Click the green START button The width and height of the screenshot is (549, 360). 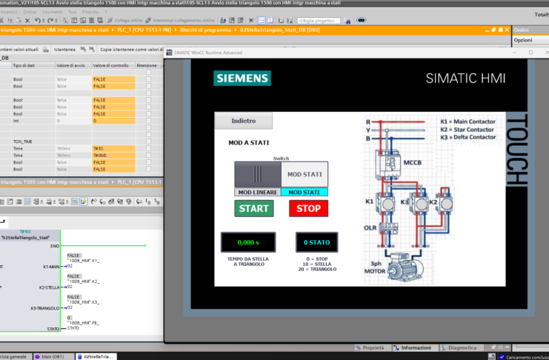click(x=253, y=208)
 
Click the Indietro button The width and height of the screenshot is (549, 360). click(x=243, y=120)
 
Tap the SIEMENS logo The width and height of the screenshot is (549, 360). click(x=242, y=79)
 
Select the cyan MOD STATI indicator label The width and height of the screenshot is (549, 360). click(x=305, y=192)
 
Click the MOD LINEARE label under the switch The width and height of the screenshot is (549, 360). click(x=257, y=192)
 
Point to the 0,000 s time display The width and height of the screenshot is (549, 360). click(x=247, y=242)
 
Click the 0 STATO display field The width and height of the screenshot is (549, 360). click(x=316, y=242)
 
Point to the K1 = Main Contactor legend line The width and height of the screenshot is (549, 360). click(x=468, y=121)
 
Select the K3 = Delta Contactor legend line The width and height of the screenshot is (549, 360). click(x=468, y=137)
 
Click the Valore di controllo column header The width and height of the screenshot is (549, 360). click(x=113, y=65)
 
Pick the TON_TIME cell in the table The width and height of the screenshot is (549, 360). click(x=24, y=141)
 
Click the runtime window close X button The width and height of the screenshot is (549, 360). click(x=547, y=53)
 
